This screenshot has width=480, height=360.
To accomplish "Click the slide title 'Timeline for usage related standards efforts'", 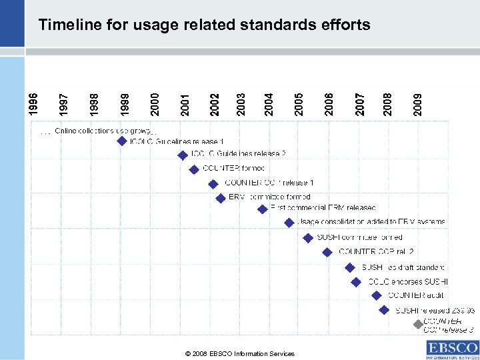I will tap(204, 25).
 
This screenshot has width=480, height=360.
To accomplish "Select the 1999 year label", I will tap(124, 101).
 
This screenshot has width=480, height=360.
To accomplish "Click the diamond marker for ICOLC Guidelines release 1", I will tap(122, 141).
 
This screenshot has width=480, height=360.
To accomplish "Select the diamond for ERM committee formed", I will tap(221, 197).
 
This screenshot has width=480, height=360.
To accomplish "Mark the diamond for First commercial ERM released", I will tap(263, 209).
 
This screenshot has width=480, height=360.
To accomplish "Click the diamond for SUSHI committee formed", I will tap(308, 237).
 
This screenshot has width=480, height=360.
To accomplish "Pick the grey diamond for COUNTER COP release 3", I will tap(417, 325).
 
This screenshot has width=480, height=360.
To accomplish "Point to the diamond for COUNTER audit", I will tap(377, 295).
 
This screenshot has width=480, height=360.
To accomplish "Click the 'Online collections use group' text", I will tap(103, 130).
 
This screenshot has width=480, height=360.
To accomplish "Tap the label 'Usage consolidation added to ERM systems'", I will tap(371, 222).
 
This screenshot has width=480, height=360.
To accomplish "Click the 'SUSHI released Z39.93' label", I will tap(435, 310).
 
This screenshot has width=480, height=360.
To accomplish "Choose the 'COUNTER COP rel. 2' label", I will tap(376, 251).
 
